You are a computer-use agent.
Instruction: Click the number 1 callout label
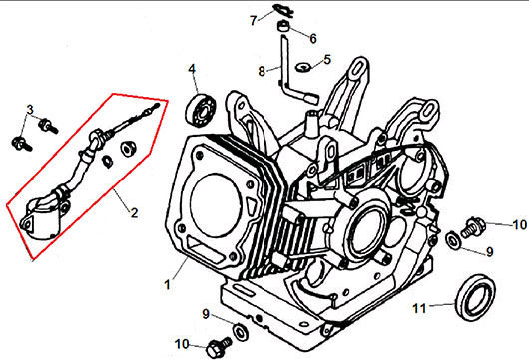pos(168,285)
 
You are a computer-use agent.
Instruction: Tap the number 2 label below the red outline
pos(135,212)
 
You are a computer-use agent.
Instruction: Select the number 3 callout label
pos(30,110)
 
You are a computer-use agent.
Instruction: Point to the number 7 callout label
pos(254,21)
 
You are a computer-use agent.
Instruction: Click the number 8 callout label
pos(262,72)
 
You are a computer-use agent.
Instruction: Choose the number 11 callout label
pos(419,308)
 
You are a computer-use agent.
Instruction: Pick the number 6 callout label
pos(313,39)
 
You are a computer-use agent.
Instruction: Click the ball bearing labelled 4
pos(201,109)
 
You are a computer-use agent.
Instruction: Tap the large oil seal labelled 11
pos(476,297)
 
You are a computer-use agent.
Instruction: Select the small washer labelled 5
pos(302,67)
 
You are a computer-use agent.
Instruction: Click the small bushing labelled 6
pos(283,26)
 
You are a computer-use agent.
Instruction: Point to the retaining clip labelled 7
pos(283,10)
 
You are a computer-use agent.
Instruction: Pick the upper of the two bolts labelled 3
pos(48,126)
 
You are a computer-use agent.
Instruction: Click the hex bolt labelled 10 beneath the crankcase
pos(219,346)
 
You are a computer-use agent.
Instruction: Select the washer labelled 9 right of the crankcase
pos(453,238)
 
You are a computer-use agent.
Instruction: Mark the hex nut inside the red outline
pos(129,149)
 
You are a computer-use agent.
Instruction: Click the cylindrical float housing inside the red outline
pos(44,219)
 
